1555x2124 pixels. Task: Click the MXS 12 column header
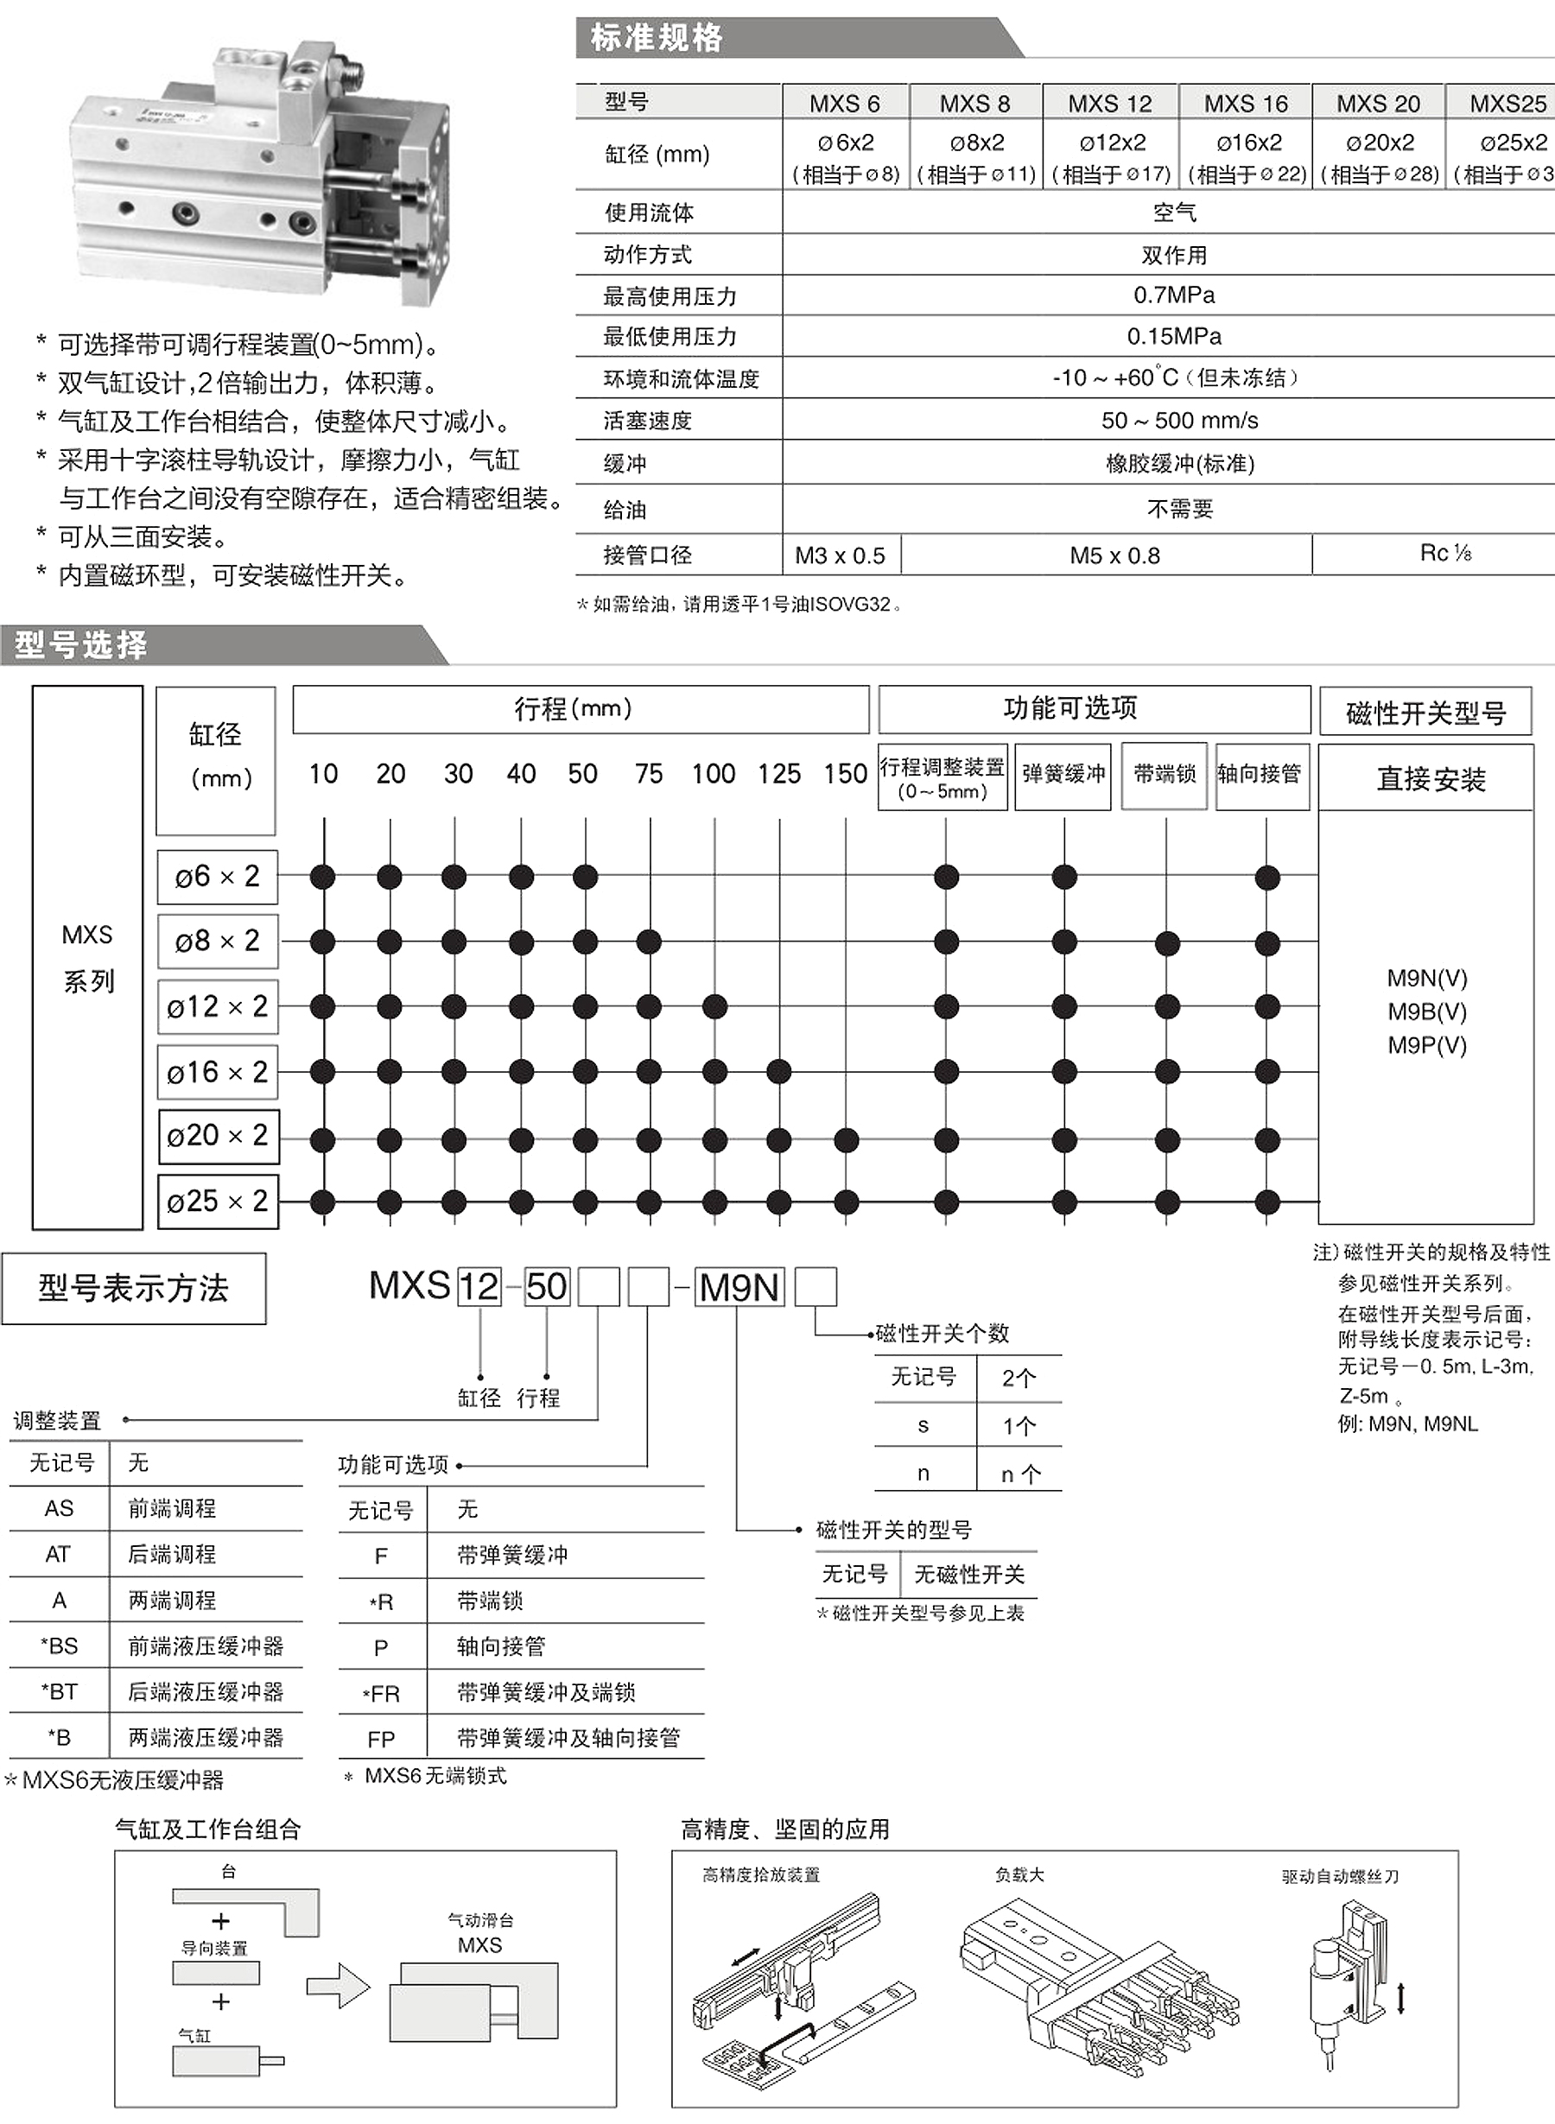tap(1109, 104)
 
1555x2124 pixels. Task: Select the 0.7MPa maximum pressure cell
tap(1173, 295)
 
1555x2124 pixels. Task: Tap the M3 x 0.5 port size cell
tap(840, 556)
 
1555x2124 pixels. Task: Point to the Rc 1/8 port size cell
tap(1445, 554)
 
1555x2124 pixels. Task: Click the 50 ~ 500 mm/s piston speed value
tap(1178, 421)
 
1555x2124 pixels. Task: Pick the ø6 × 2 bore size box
tap(218, 877)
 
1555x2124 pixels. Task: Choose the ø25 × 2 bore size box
tap(218, 1201)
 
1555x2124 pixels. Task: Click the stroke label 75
tap(649, 775)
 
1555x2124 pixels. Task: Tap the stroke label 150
tap(844, 775)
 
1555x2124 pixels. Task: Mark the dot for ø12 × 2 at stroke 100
tap(714, 1007)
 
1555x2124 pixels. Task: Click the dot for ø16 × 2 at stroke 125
tap(778, 1071)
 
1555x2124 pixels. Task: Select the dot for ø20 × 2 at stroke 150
tap(845, 1140)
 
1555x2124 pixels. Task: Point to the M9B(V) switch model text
tap(1427, 1011)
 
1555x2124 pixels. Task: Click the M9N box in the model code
tap(739, 1287)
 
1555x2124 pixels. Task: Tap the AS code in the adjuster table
tap(59, 1508)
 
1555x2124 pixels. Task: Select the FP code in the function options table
tap(381, 1740)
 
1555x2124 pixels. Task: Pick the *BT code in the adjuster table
tap(59, 1692)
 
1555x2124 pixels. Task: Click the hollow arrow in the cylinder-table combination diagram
tap(338, 1987)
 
